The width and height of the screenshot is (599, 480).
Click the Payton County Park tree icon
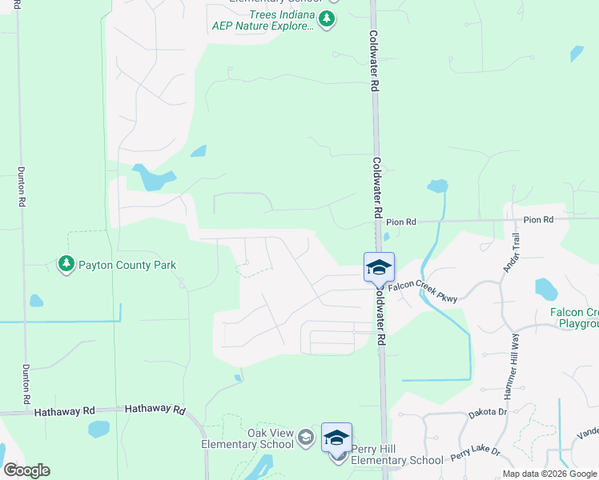[66, 263]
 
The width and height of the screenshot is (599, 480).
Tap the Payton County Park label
[127, 265]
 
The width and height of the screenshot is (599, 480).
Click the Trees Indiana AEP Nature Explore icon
[326, 19]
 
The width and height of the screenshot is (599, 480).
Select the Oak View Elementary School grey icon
[305, 437]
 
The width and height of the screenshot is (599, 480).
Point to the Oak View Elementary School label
[247, 439]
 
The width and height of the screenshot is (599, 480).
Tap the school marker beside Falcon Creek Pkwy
[379, 267]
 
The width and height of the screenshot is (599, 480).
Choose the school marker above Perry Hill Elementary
[336, 438]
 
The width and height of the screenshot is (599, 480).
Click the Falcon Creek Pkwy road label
[424, 289]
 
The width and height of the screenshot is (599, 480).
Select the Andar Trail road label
[510, 252]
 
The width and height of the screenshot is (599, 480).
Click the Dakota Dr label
[488, 413]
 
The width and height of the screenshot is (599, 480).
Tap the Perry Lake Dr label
[474, 453]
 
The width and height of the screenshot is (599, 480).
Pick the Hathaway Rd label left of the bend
[64, 411]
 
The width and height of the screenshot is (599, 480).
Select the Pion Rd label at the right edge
[538, 219]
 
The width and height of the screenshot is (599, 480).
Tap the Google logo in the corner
[27, 470]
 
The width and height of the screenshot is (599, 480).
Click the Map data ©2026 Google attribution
[549, 474]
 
